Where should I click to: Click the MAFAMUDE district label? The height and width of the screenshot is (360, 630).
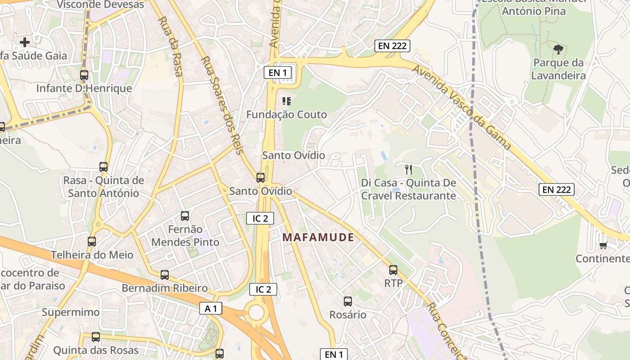coord(318,237)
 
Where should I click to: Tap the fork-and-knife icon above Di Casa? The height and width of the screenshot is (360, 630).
coord(409,170)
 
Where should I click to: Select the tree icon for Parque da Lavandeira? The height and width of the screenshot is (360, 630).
coord(558,49)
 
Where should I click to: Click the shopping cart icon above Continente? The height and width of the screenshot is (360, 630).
coord(603,245)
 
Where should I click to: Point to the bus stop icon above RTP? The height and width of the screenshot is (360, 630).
coord(393,270)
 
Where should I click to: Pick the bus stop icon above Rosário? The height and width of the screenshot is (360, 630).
coord(347,301)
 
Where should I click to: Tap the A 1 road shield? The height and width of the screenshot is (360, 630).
coord(211,308)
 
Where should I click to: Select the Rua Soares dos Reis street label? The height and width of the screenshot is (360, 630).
coord(222,104)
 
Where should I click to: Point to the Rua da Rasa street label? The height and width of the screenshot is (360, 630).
coord(170,46)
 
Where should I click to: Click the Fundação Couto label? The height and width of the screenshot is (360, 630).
coord(287,115)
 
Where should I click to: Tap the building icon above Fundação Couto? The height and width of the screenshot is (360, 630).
coord(287,101)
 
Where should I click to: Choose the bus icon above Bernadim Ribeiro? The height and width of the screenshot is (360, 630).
coord(165,275)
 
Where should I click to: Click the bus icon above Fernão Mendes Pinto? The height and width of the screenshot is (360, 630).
coord(184,216)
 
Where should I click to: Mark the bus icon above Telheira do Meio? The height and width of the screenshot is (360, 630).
coord(92,242)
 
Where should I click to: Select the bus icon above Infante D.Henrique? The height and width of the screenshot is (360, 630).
coord(84,75)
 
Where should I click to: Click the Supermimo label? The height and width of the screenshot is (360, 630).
coord(71,312)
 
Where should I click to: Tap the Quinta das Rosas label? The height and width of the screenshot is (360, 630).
coord(96,350)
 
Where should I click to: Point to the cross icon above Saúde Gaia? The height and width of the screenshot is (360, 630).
coord(25,42)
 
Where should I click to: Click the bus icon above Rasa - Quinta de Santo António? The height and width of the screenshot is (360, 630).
coord(103,167)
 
